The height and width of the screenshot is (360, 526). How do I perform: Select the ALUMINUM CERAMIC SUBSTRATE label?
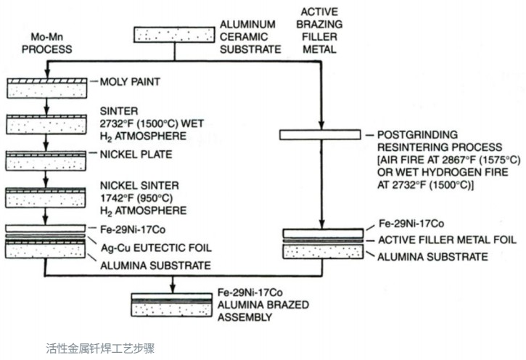(249, 37)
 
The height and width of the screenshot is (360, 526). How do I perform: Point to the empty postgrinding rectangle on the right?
(320, 134)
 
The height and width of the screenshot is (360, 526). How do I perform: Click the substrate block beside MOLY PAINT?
(46, 86)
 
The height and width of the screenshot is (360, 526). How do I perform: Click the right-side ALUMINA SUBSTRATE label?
(427, 256)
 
